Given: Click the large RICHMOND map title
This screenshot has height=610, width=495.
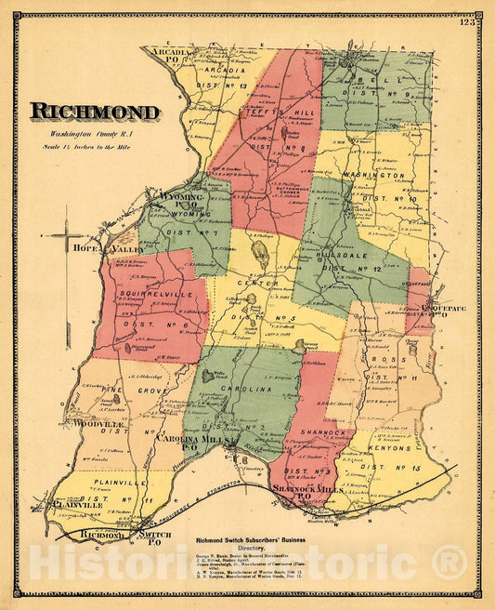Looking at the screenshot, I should [x=95, y=112].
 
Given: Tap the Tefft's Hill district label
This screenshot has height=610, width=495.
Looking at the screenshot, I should [x=278, y=114].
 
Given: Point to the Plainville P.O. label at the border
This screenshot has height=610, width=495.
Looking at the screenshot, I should [x=68, y=507].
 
